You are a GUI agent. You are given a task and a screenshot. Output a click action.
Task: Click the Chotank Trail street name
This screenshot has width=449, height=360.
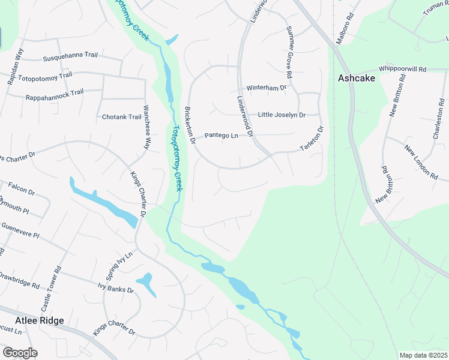pos(121,116)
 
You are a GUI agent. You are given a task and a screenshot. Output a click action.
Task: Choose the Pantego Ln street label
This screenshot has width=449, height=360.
pos(221,136)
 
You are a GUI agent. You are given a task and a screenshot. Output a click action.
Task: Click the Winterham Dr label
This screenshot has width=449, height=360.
pos(267,88)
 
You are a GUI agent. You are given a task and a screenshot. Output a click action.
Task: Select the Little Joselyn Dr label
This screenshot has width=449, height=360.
pos(282,115)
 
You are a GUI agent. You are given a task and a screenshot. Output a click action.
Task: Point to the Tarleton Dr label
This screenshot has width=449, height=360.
pos(312,139)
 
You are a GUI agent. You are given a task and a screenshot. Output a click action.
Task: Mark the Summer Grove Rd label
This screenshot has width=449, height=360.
pos(289,53)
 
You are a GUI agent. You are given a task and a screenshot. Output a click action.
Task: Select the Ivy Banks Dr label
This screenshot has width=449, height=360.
pos(115,290)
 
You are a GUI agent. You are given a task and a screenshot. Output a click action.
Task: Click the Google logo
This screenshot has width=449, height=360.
pos(20,353)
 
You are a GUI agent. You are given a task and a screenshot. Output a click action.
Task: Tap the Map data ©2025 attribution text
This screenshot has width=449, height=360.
pos(423,355)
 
